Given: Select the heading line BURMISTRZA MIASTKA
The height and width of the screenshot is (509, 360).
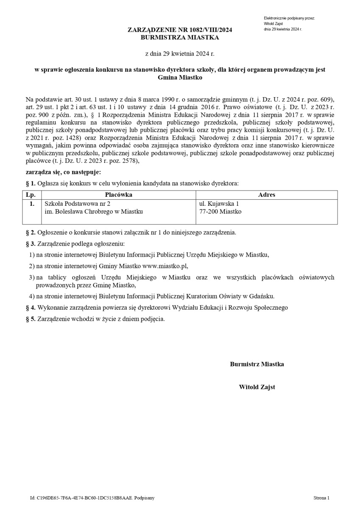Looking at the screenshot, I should pos(180,37).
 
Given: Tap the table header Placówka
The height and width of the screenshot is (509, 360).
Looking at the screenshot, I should pos(118,195).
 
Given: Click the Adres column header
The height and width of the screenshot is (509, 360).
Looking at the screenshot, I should pos(266,195).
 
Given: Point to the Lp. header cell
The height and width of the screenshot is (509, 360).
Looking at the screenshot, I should pos(30,195).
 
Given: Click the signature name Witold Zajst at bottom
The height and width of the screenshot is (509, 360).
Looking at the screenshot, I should pos(257,387).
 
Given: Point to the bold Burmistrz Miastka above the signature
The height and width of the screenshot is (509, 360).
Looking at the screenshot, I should pos(257,364).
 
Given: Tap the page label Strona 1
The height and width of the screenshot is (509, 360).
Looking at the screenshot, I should pos(321,498).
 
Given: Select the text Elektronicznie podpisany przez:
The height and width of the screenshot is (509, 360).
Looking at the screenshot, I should pos(289,18).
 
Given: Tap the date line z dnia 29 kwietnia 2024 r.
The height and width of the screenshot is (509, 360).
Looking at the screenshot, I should pos(180,54).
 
